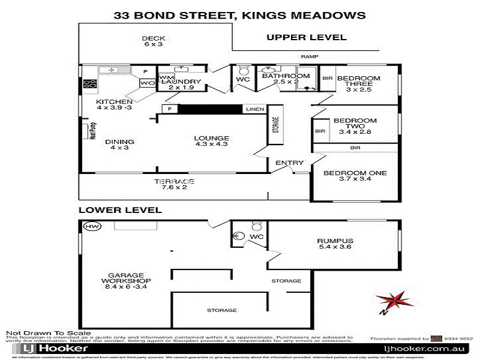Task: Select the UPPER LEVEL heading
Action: coord(306,37)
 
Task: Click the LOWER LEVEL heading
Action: coord(120,210)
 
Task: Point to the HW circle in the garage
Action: coord(92,227)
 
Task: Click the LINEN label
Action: coord(253,109)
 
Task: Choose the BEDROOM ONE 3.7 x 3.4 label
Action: coord(355,176)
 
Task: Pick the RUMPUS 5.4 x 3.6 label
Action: coord(335,245)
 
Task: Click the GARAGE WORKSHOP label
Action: coord(125,280)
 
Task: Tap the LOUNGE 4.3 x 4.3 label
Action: coord(211,142)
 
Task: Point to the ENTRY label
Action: coord(290,163)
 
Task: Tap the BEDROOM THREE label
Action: coord(358,82)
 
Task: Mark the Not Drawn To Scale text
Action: coord(48,333)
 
